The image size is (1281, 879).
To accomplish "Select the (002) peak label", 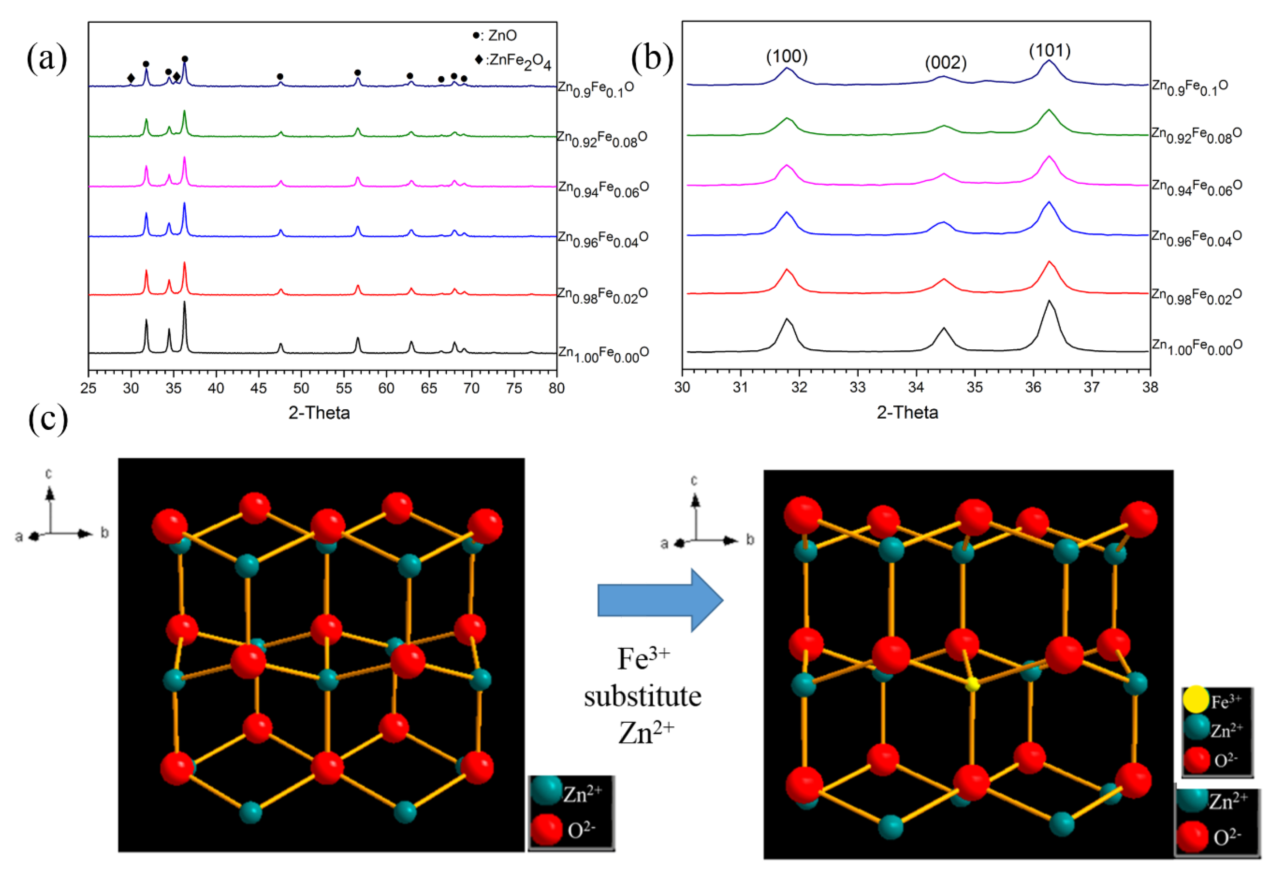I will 946,62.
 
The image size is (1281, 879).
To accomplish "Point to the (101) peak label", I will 1050,51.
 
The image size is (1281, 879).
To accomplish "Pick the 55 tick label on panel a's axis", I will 344,388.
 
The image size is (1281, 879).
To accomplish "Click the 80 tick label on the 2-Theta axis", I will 556,388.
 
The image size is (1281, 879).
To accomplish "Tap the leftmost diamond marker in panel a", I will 131,78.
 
